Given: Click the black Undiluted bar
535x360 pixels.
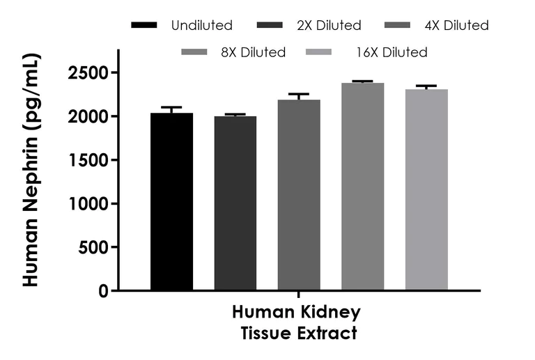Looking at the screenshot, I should click(171, 201).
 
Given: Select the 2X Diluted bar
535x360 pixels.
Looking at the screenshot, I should click(235, 203).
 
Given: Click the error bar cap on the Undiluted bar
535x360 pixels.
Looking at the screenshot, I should click(171, 108).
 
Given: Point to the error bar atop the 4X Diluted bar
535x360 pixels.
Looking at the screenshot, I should click(299, 95).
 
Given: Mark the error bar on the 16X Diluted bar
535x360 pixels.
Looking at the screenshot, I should click(426, 86).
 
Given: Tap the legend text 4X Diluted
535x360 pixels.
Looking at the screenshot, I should click(456, 26).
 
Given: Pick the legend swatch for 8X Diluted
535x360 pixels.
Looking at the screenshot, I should click(194, 52).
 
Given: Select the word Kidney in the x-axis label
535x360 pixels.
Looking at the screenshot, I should click(332, 311).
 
